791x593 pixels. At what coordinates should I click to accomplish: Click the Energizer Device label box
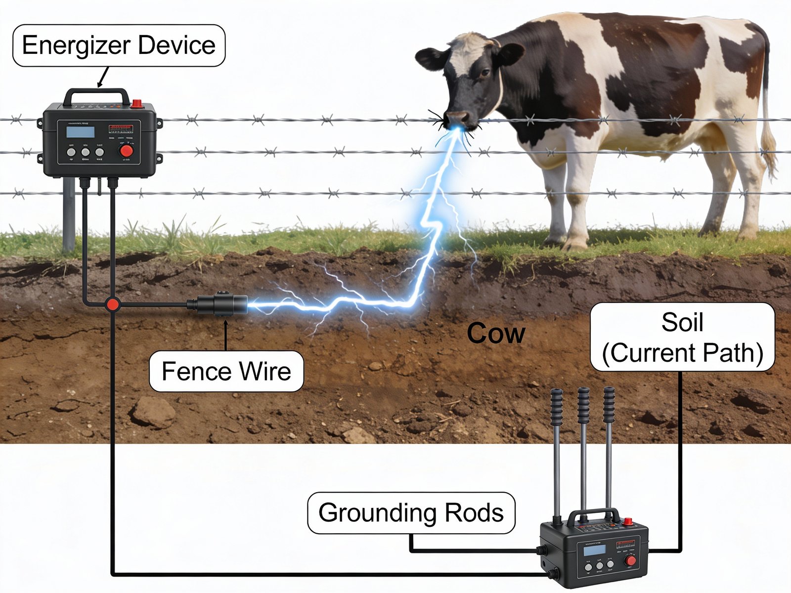tap(119, 45)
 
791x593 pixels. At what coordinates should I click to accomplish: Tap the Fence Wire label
tap(226, 371)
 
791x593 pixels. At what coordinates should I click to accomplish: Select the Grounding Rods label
tap(411, 512)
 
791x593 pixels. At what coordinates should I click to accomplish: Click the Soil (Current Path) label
tap(682, 338)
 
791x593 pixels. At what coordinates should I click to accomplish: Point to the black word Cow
tap(495, 333)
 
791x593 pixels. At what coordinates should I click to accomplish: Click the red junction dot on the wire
tap(113, 304)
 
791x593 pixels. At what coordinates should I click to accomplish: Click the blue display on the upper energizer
tap(81, 132)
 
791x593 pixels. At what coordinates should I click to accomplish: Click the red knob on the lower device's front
tap(630, 560)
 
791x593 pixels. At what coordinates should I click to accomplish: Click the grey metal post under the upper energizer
tap(68, 215)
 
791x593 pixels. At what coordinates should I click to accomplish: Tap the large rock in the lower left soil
tap(153, 412)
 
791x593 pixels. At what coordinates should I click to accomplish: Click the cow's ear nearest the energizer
tap(430, 58)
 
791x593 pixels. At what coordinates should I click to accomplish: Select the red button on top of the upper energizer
tap(136, 103)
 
